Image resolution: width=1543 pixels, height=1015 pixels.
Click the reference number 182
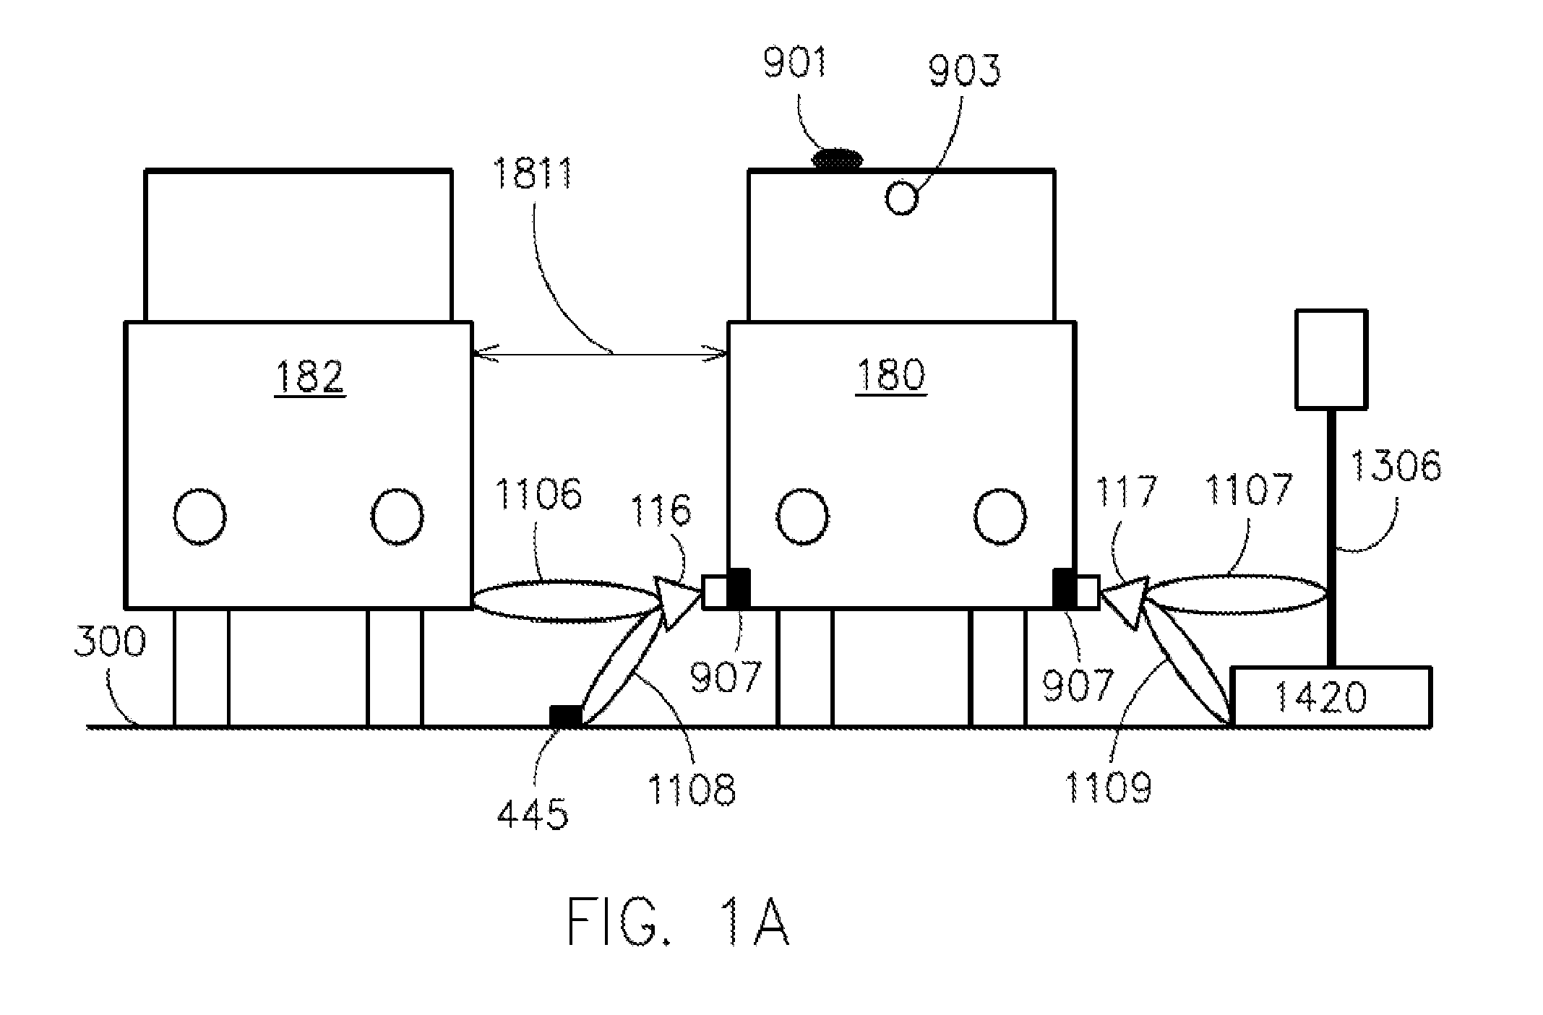pos(309,376)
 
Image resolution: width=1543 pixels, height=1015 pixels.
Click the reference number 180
pos(890,376)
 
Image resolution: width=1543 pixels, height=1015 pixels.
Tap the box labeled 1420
pos(1331,696)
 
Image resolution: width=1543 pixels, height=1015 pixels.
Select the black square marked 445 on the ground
pos(565,716)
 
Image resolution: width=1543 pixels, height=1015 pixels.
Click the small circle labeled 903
pos(901,198)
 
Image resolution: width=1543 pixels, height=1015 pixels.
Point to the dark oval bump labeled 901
pos(838,158)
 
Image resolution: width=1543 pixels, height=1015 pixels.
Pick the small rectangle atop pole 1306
pos(1331,359)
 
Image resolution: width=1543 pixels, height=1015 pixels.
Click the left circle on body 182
pos(200,517)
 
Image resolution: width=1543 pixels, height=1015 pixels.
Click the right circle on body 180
pos(1000,517)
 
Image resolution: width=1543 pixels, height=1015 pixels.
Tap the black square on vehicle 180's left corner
pos(739,589)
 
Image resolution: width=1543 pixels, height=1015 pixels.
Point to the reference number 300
pos(111,642)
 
